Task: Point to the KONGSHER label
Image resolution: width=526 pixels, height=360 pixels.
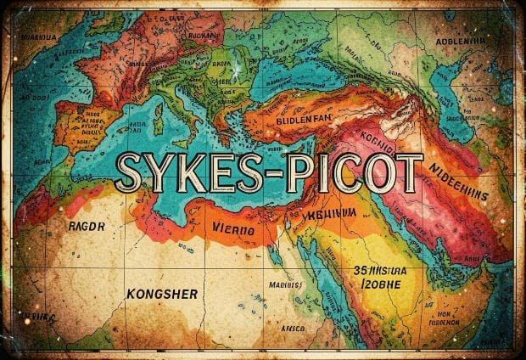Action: click(x=161, y=294)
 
